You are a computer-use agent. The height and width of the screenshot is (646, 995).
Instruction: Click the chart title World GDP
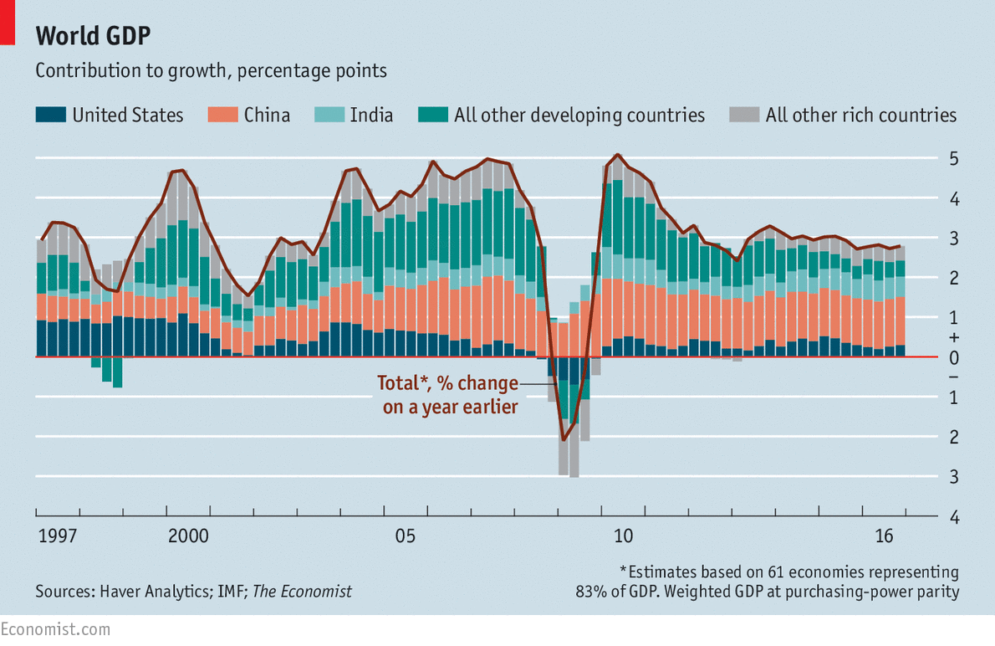(x=93, y=36)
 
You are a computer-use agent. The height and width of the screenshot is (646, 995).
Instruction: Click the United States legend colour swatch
(x=49, y=115)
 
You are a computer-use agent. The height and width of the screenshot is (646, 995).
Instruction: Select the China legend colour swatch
(x=222, y=115)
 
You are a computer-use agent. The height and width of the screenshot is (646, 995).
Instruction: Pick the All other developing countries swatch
(x=432, y=115)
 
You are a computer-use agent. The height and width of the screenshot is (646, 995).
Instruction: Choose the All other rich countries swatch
(x=743, y=115)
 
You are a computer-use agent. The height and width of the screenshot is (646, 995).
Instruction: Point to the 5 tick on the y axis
(x=953, y=159)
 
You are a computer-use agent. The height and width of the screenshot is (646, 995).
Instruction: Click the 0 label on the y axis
(x=953, y=357)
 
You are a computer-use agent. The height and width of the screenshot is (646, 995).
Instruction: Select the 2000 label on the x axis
(x=188, y=535)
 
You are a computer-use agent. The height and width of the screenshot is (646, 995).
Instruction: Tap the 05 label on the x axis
(x=406, y=535)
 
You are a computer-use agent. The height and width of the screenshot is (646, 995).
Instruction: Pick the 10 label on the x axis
(x=624, y=535)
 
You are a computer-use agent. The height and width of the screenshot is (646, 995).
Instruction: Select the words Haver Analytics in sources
(x=147, y=592)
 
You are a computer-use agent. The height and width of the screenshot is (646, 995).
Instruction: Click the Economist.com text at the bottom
(x=55, y=628)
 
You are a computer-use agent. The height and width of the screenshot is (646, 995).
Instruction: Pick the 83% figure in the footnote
(x=591, y=592)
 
